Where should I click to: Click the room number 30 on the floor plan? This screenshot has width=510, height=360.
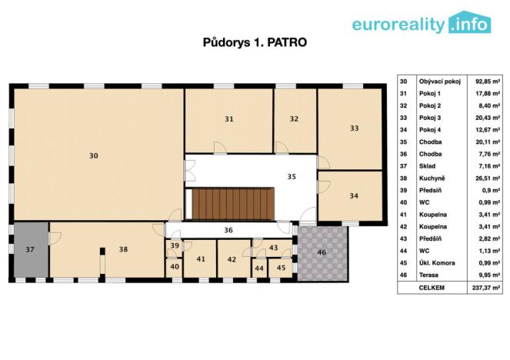[x=93, y=155]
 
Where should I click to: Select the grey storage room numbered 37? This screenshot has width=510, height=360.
[x=30, y=250]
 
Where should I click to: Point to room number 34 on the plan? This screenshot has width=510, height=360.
[x=353, y=195]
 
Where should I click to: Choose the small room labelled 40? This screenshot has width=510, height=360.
[x=175, y=267]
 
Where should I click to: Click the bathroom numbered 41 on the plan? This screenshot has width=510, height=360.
[x=201, y=259]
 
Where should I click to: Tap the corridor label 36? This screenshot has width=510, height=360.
[x=228, y=229]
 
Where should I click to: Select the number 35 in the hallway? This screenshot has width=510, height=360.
[x=292, y=176]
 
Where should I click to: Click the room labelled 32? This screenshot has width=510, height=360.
[x=294, y=118]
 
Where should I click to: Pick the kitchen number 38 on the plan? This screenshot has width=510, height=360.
[x=123, y=249]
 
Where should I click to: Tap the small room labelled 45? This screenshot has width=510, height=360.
[x=282, y=267]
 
